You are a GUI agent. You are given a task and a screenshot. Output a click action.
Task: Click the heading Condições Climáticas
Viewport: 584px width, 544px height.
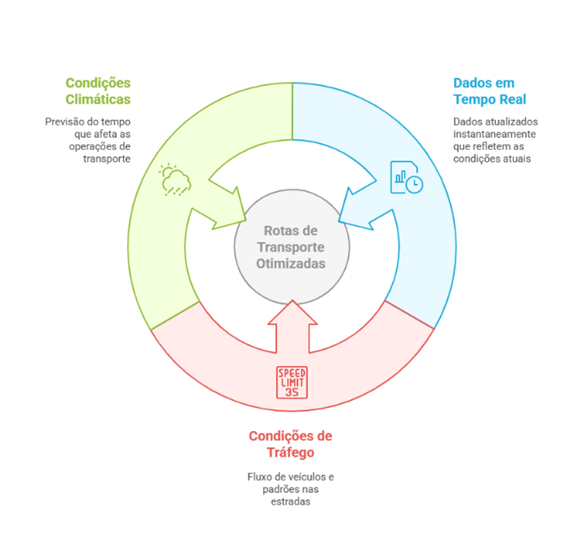pyautogui.click(x=98, y=91)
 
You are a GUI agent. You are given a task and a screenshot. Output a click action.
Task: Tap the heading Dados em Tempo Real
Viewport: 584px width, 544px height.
pyautogui.click(x=490, y=91)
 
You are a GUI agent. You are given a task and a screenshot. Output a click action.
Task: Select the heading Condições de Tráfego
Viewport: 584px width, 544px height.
pyautogui.click(x=291, y=444)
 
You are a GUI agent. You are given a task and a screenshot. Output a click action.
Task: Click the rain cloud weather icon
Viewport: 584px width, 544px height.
pyautogui.click(x=175, y=179)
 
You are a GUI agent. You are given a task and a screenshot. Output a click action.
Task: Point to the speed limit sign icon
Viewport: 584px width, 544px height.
pyautogui.click(x=292, y=382)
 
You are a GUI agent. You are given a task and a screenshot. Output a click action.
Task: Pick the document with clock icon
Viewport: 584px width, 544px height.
pyautogui.click(x=406, y=177)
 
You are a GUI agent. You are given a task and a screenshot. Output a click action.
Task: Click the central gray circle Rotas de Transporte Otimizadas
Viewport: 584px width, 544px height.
pyautogui.click(x=292, y=247)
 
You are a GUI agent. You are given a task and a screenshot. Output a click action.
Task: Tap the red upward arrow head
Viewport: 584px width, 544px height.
pyautogui.click(x=292, y=313)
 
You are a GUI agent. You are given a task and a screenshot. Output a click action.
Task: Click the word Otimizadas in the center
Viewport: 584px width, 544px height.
pyautogui.click(x=291, y=264)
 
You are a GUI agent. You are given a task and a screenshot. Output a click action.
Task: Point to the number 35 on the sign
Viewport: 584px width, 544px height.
pyautogui.click(x=292, y=392)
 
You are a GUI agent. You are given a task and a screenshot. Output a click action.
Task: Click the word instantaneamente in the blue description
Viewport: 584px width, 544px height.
pyautogui.click(x=495, y=134)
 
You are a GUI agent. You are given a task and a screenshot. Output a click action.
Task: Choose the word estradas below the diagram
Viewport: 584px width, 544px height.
pyautogui.click(x=291, y=502)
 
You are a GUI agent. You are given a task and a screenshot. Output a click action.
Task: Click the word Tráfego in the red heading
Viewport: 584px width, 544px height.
pyautogui.click(x=291, y=452)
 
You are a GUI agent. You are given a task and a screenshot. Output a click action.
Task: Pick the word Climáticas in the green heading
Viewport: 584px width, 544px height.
pyautogui.click(x=98, y=99)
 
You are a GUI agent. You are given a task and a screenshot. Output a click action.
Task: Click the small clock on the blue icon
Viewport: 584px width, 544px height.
pyautogui.click(x=414, y=184)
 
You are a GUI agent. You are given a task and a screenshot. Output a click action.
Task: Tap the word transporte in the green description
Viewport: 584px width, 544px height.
pyautogui.click(x=107, y=159)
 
